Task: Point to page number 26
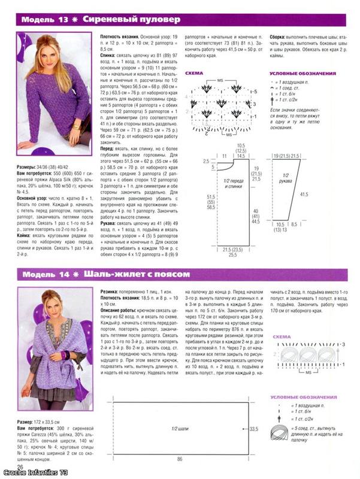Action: (20, 466)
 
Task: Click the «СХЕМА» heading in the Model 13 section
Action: (194, 75)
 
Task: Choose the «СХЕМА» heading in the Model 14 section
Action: (281, 337)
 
